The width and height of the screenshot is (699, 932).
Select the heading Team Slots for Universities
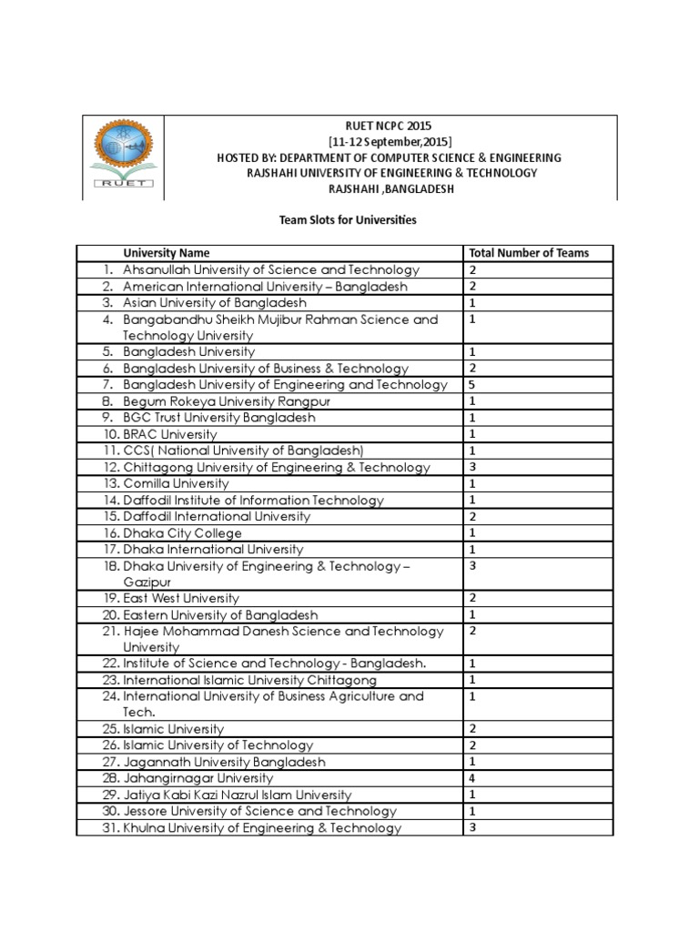coord(347,219)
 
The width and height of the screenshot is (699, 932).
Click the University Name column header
coord(167,253)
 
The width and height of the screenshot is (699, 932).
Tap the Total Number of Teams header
coord(529,253)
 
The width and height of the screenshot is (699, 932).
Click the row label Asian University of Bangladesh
coord(214,302)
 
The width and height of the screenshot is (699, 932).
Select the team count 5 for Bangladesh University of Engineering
coord(473,384)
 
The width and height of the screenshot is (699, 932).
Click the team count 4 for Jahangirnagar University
coord(473,778)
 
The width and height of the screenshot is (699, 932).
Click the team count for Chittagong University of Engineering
coord(473,467)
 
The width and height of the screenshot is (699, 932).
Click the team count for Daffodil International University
coord(473,516)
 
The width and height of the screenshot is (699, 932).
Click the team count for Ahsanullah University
coord(473,269)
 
